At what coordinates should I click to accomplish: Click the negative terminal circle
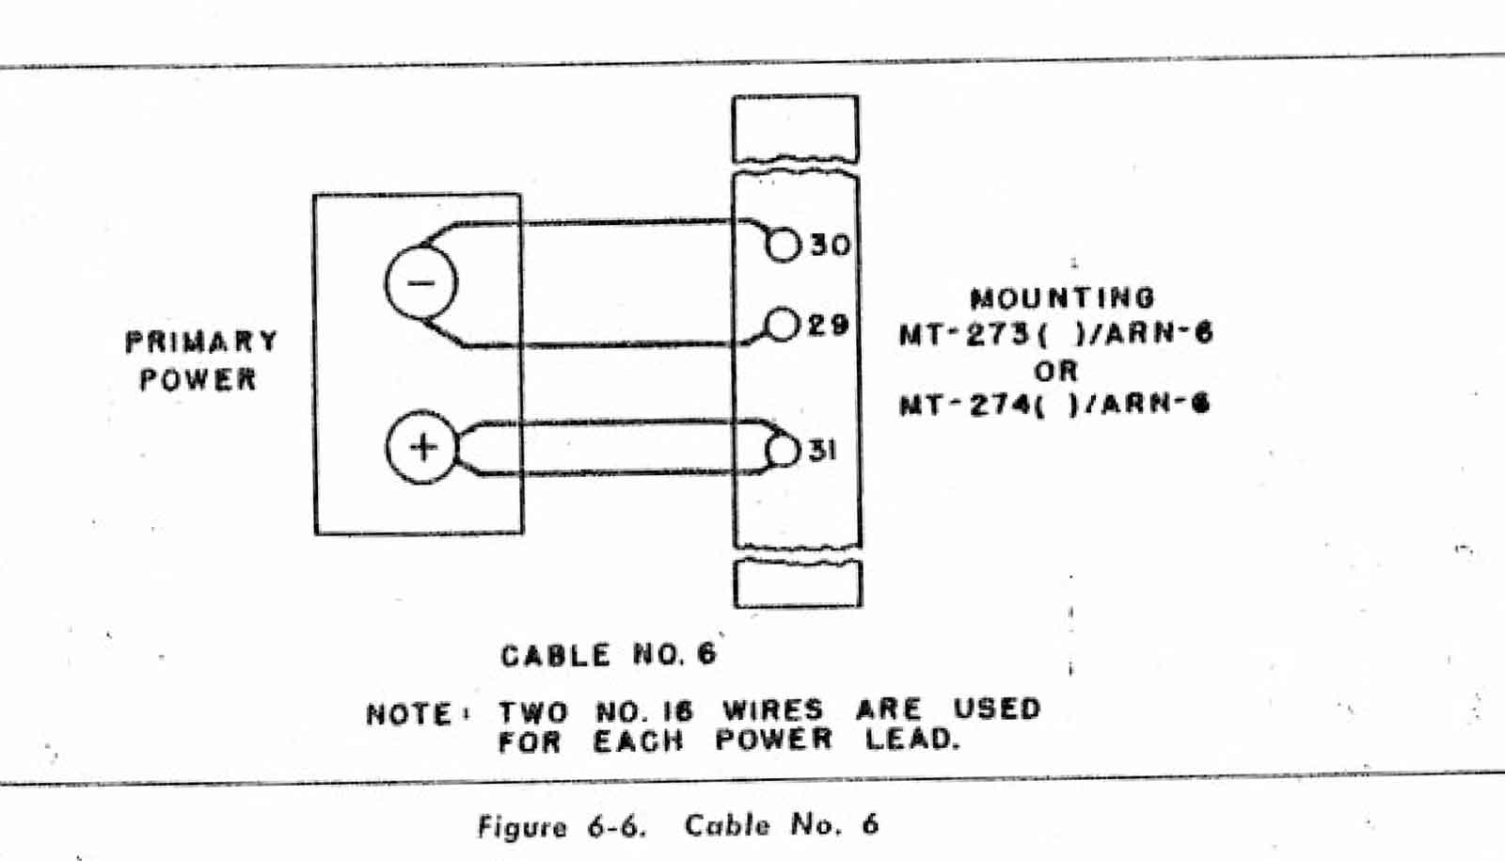420,283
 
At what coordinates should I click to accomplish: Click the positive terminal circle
421,447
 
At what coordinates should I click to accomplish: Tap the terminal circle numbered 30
783,246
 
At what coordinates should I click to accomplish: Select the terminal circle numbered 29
782,325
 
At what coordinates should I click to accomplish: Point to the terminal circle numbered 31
783,450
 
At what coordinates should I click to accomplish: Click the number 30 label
830,246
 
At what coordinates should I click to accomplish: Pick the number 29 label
828,326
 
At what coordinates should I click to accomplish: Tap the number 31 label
821,451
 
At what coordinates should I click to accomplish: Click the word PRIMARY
201,341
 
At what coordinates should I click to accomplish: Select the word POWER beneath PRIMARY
198,379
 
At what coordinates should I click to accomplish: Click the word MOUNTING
1061,298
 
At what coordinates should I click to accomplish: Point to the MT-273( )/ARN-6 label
1055,333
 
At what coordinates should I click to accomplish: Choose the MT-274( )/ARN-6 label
1054,405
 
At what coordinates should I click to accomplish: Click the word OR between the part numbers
1055,370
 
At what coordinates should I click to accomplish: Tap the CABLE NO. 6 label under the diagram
608,654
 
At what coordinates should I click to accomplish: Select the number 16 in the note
674,711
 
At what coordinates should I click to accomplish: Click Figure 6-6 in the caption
561,826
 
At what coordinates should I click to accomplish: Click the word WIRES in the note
772,710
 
